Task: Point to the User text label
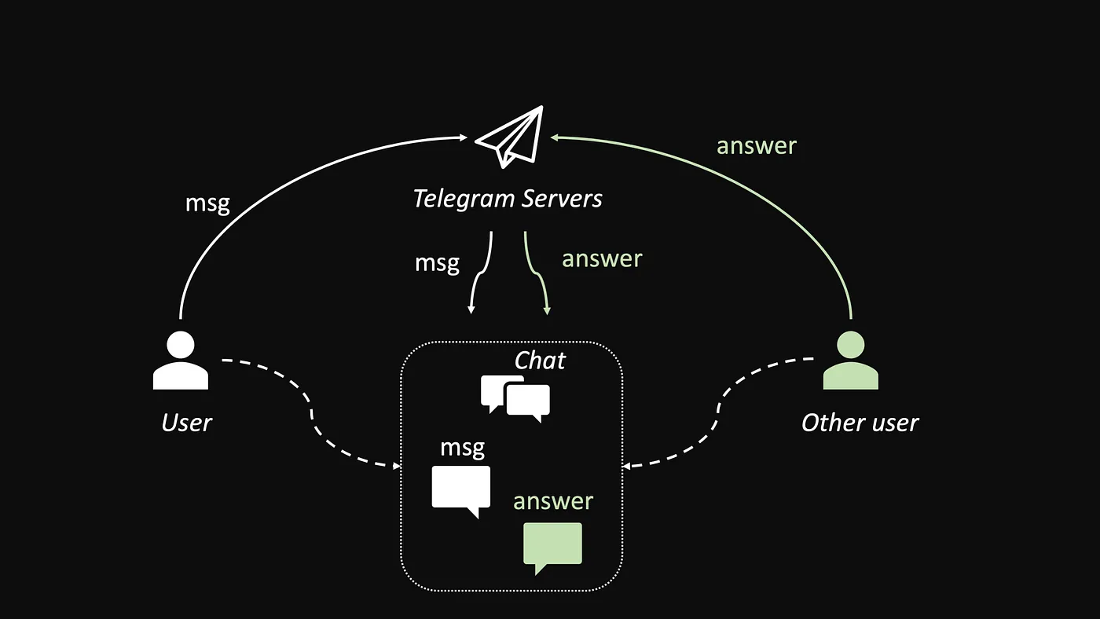tap(186, 423)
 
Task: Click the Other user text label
tap(860, 423)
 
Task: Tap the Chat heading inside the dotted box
tap(540, 361)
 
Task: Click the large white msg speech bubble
tap(461, 489)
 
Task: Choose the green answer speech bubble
tap(552, 546)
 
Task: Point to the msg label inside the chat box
tap(462, 448)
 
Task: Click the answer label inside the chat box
tap(553, 501)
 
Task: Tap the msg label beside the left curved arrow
tap(207, 203)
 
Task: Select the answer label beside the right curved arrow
tap(756, 145)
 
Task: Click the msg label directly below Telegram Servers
tap(437, 262)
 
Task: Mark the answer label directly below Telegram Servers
tap(602, 258)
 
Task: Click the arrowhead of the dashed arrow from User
tap(398, 466)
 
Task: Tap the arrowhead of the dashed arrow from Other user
tap(626, 466)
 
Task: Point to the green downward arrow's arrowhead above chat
tap(547, 311)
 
